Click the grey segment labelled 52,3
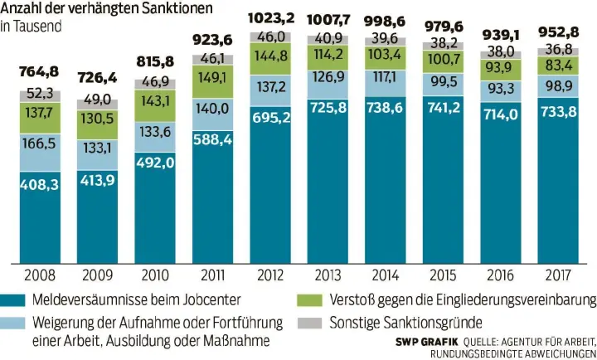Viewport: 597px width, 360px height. point(42,93)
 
